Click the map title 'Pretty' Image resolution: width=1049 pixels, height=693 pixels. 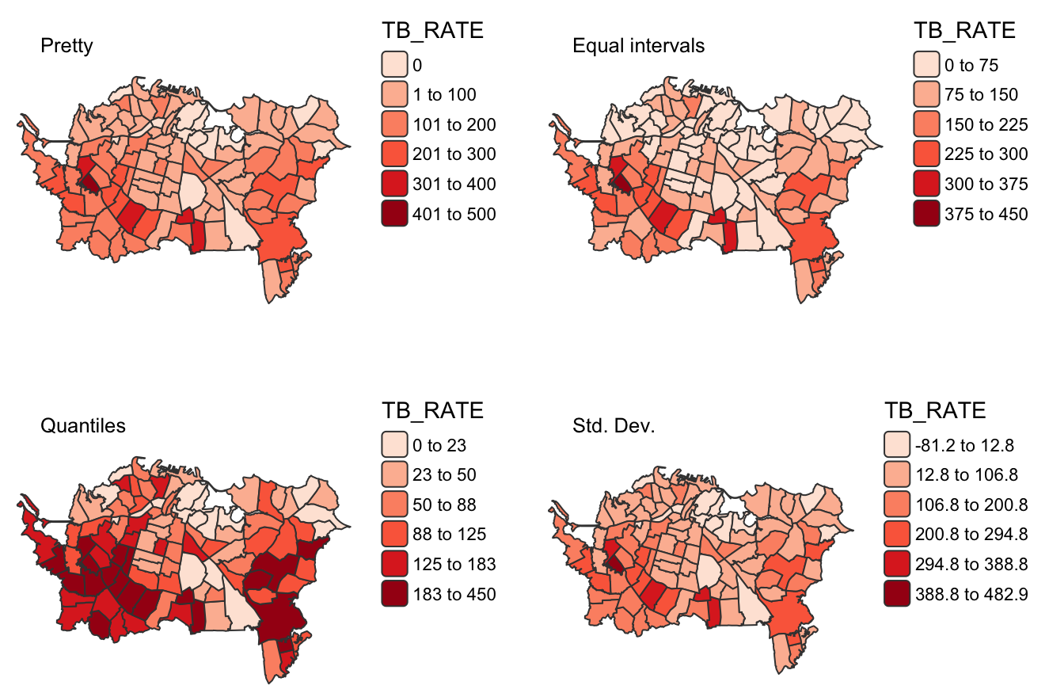tap(67, 46)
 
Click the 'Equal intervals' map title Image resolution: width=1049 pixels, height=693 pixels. tap(638, 46)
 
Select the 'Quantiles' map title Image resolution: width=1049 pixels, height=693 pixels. tap(82, 425)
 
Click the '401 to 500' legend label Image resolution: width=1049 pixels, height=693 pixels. tap(454, 214)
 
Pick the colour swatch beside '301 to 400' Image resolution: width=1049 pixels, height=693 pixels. tap(395, 185)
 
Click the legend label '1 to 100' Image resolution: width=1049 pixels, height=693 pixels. tap(444, 95)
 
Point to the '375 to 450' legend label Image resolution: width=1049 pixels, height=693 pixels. tap(986, 214)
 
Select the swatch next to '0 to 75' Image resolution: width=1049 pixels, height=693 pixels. tap(926, 65)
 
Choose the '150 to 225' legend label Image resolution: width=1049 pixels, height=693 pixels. tap(986, 124)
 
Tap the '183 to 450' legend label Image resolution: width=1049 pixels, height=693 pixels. tap(454, 594)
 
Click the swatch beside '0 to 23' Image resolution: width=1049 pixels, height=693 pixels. tap(395, 445)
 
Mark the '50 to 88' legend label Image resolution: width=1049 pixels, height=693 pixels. tap(443, 505)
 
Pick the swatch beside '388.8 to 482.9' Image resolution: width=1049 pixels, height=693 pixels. tap(897, 594)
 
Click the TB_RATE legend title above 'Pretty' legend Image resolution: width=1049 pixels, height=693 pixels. tap(432, 31)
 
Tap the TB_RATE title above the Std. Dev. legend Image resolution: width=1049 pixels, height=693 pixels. tap(934, 410)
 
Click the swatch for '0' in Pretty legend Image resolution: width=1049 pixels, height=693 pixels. tap(395, 65)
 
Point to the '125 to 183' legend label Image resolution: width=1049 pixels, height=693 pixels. tap(454, 564)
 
